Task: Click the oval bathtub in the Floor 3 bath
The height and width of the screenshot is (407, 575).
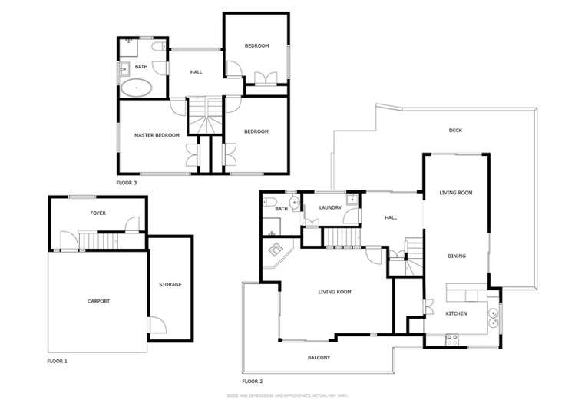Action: coord(137,88)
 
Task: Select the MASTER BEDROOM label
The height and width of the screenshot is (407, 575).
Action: coord(157,135)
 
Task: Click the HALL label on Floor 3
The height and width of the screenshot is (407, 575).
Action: coord(196,72)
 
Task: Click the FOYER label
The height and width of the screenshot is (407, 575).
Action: coord(97,213)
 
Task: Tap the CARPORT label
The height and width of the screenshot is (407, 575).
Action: coord(98,301)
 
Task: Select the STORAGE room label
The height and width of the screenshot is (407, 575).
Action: coord(170,285)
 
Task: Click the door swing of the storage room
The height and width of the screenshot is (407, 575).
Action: coord(155,325)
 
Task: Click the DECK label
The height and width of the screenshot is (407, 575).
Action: coord(455,131)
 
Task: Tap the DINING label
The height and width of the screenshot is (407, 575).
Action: coord(457,256)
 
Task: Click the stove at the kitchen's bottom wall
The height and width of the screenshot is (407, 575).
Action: coord(451,338)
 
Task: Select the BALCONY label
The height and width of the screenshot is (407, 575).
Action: coord(319,358)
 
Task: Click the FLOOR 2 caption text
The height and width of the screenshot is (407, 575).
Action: coord(253,382)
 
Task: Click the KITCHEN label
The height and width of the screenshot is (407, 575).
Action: coord(456,314)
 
